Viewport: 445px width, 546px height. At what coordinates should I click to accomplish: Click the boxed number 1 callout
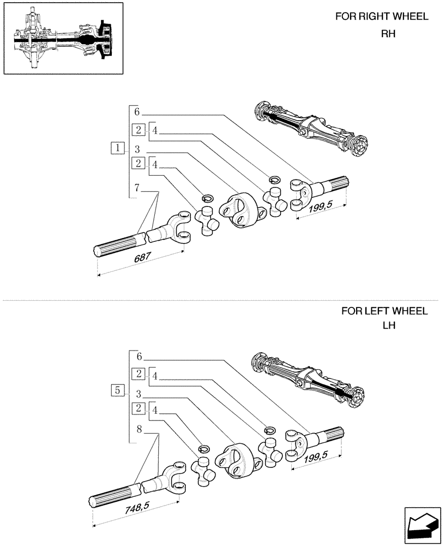[116, 147]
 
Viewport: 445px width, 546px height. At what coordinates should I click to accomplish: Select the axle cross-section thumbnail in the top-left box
[63, 39]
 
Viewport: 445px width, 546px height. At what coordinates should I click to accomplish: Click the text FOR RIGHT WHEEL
[382, 16]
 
